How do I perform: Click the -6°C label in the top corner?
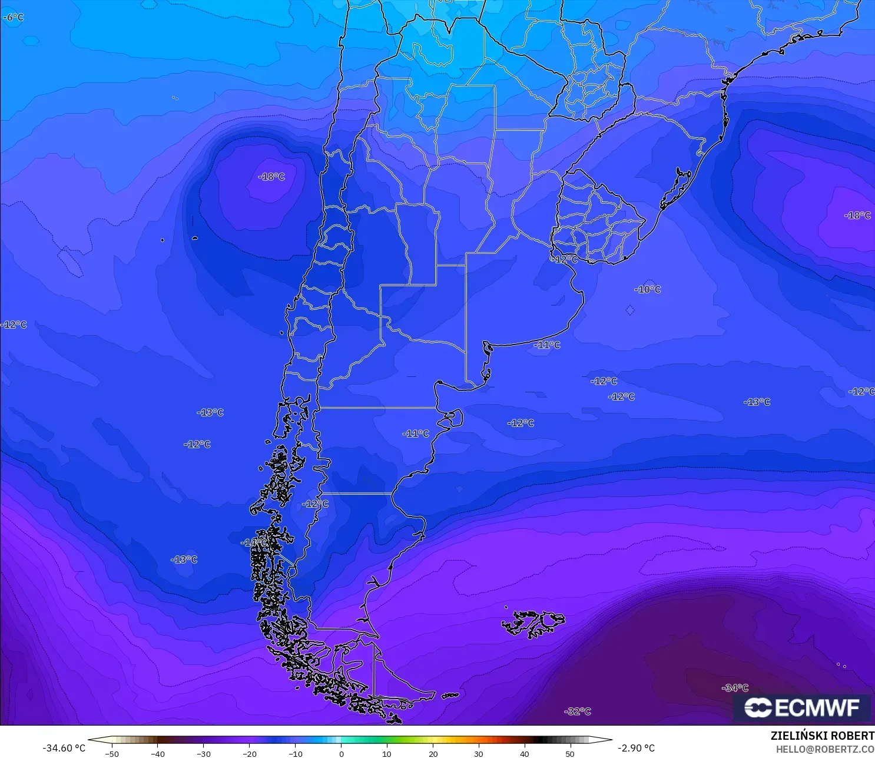pos(13,18)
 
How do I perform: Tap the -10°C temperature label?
pos(647,289)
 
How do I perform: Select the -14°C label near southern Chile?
pos(254,542)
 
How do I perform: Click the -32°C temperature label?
pos(577,711)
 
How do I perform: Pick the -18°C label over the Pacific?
pos(271,177)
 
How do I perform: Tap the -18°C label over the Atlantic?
pos(857,216)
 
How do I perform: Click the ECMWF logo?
pos(802,707)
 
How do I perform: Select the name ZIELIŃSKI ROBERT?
pos(822,736)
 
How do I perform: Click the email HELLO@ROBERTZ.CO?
pos(824,749)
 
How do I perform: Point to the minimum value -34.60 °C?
pos(64,748)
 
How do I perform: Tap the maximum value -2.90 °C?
pos(636,748)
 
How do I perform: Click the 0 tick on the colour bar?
pos(342,753)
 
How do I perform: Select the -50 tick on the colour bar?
pos(111,753)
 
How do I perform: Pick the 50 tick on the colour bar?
pos(570,753)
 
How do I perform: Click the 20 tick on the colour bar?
pos(433,753)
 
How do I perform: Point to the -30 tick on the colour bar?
pos(203,753)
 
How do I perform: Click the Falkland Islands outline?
pos(533,624)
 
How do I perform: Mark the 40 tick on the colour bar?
pos(525,753)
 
